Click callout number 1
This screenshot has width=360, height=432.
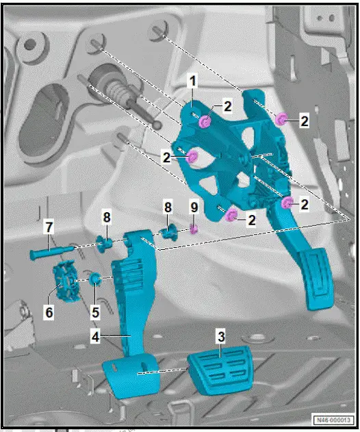(194, 81)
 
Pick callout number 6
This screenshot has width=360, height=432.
(49, 311)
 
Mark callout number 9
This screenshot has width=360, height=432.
(194, 205)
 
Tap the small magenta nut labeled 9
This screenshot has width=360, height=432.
(194, 229)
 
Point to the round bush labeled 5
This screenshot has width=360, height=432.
(97, 279)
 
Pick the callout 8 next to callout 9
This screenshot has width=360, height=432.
(167, 205)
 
